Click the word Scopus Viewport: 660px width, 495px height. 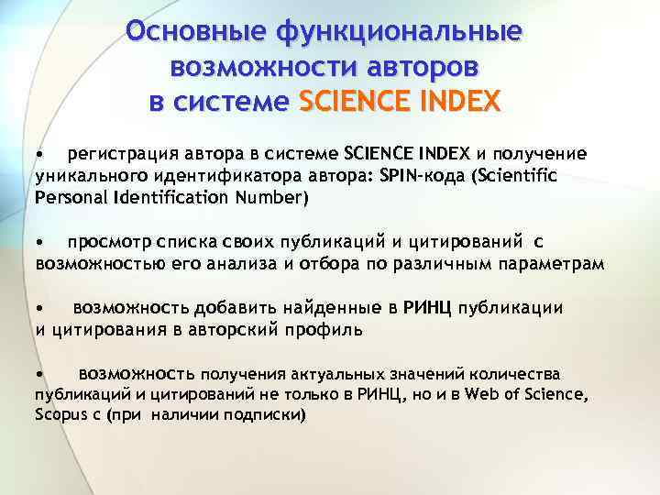point(61,414)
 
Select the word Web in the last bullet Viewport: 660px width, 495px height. point(480,395)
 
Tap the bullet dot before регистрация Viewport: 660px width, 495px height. point(39,153)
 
